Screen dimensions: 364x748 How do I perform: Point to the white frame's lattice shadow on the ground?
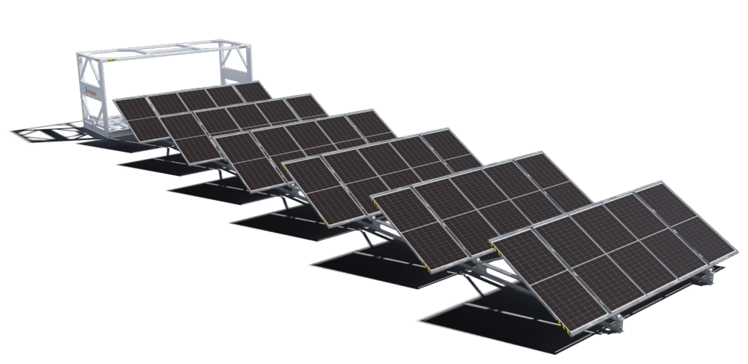[x=44, y=135]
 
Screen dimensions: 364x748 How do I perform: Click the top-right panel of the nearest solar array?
[x=663, y=204]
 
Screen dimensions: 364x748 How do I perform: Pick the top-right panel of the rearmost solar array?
[x=251, y=91]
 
